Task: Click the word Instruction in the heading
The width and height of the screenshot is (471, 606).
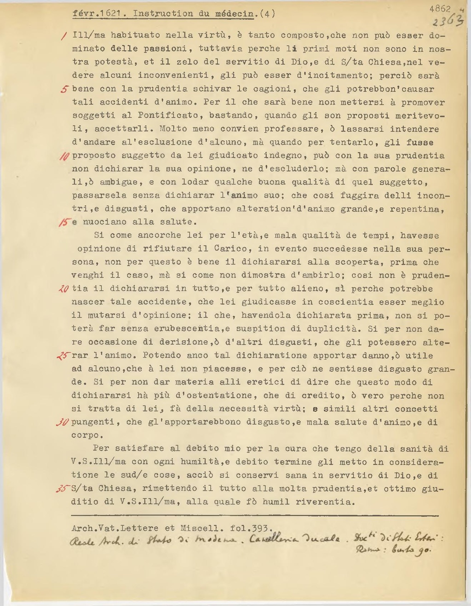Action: point(163,13)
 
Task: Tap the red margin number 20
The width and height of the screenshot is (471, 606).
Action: point(64,289)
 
